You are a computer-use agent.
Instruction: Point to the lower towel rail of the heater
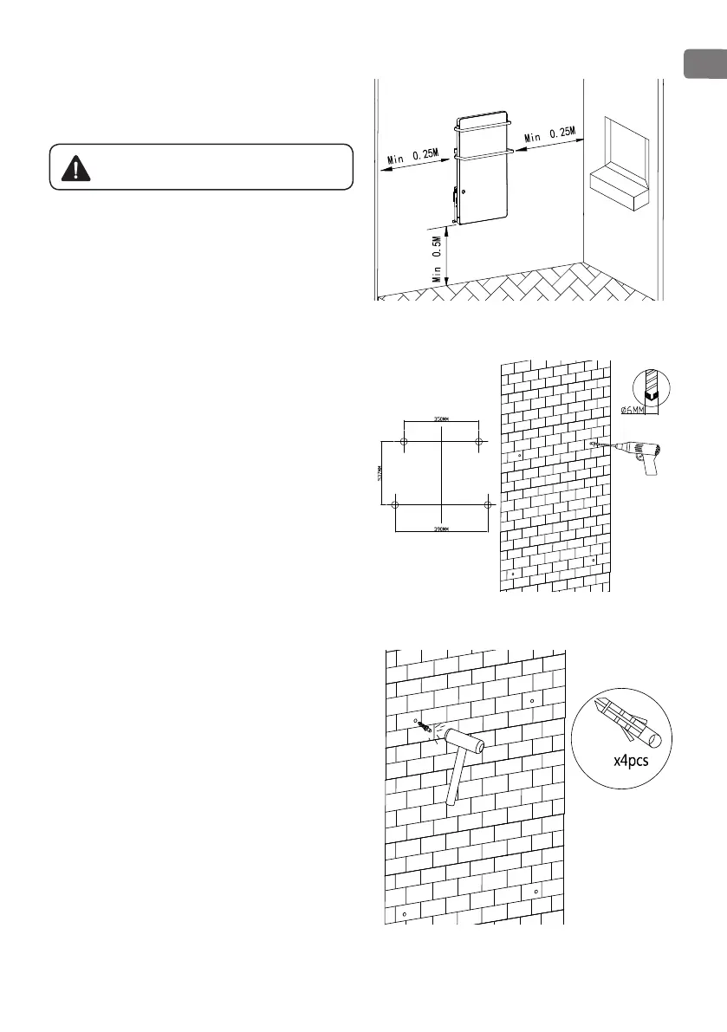click(484, 157)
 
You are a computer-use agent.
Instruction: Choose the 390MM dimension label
click(441, 528)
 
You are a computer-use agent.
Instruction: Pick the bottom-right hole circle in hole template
click(488, 504)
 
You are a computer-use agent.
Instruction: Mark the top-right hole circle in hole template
click(478, 441)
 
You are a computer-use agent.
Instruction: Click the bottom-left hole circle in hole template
click(395, 504)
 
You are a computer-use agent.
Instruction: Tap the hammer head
click(463, 743)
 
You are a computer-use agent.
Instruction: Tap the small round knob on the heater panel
click(464, 191)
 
